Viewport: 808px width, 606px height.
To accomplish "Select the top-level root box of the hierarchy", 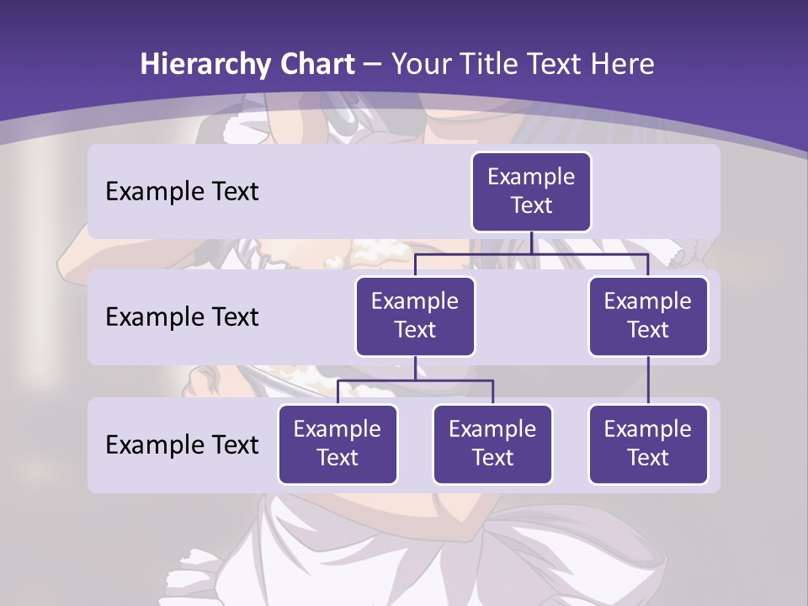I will tap(531, 192).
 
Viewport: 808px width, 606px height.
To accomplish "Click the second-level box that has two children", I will tap(415, 316).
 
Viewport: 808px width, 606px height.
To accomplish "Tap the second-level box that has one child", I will tap(648, 316).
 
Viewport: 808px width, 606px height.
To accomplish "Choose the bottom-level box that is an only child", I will tap(648, 444).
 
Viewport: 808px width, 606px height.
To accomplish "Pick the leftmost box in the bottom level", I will tap(338, 444).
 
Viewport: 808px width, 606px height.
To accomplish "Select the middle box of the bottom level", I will tap(492, 444).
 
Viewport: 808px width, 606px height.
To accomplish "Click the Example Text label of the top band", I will tap(182, 192).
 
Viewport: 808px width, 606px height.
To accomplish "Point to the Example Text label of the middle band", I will tap(182, 317).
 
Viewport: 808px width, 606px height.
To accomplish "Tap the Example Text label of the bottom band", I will tap(182, 444).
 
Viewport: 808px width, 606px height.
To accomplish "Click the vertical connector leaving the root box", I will tap(531, 242).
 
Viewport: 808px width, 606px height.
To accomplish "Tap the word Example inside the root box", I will tap(531, 178).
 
